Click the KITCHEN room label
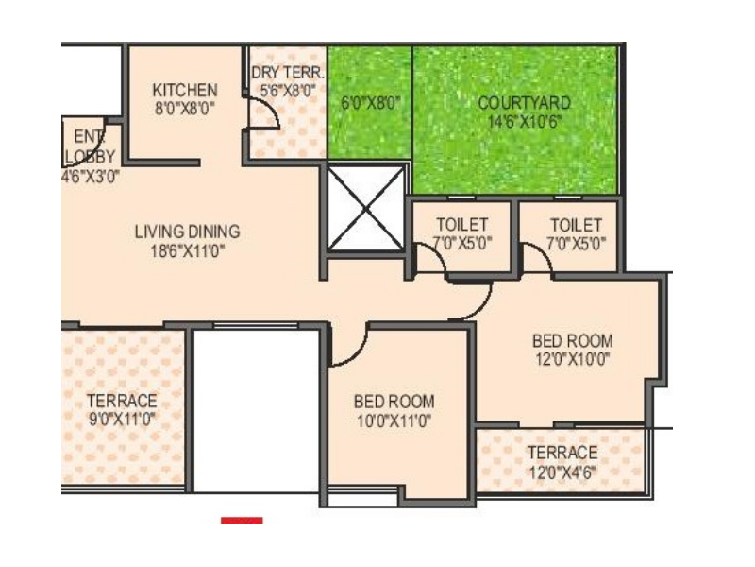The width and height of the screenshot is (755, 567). pyautogui.click(x=185, y=90)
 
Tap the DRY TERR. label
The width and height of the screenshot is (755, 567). pyautogui.click(x=288, y=73)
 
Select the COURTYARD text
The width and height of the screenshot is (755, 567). pyautogui.click(x=525, y=103)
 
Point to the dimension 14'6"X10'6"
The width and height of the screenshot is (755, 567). pyautogui.click(x=525, y=122)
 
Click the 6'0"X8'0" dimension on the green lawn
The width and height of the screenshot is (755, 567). pyautogui.click(x=370, y=103)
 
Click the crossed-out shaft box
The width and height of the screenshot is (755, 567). pyautogui.click(x=366, y=208)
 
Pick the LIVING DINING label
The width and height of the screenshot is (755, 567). pyautogui.click(x=187, y=232)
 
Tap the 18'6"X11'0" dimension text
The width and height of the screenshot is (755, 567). pyautogui.click(x=187, y=251)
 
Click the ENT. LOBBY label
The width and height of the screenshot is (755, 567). pyautogui.click(x=90, y=146)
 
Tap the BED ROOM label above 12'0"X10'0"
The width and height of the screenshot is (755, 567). pyautogui.click(x=573, y=341)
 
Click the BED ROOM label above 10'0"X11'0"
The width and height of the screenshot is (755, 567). pyautogui.click(x=394, y=402)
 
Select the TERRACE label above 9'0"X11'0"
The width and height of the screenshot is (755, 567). pyautogui.click(x=122, y=401)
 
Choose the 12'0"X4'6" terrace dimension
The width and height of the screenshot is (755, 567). pyautogui.click(x=562, y=472)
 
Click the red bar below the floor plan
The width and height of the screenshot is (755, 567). pyautogui.click(x=242, y=521)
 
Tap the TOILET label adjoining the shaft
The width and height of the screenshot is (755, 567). pyautogui.click(x=462, y=225)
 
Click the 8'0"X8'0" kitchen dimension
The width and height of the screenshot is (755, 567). pyautogui.click(x=185, y=109)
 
